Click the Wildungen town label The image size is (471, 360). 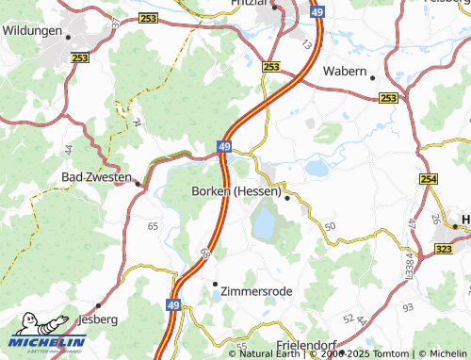[x=31, y=31]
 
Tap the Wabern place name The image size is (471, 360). [x=344, y=71]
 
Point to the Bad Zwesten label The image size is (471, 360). [x=94, y=176]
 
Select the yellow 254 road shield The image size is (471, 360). [x=430, y=179]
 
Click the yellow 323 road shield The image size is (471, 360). [x=444, y=244]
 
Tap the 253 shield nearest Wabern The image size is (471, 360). [x=388, y=98]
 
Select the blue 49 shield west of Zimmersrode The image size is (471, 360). [x=173, y=305]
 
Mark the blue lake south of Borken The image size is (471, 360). [x=264, y=223]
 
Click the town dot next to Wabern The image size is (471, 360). [x=373, y=77]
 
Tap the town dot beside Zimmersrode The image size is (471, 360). [x=215, y=283]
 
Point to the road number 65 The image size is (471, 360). [x=153, y=227]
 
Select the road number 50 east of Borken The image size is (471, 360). [x=329, y=227]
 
